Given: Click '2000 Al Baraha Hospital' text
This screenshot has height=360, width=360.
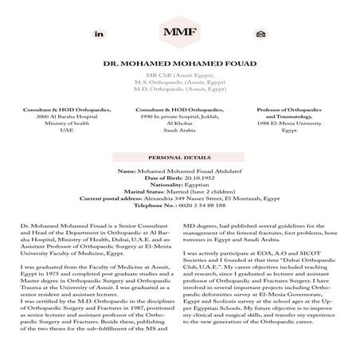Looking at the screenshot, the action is coord(60,115).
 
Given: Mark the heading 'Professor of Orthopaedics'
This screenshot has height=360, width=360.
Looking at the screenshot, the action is coord(285,109).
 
